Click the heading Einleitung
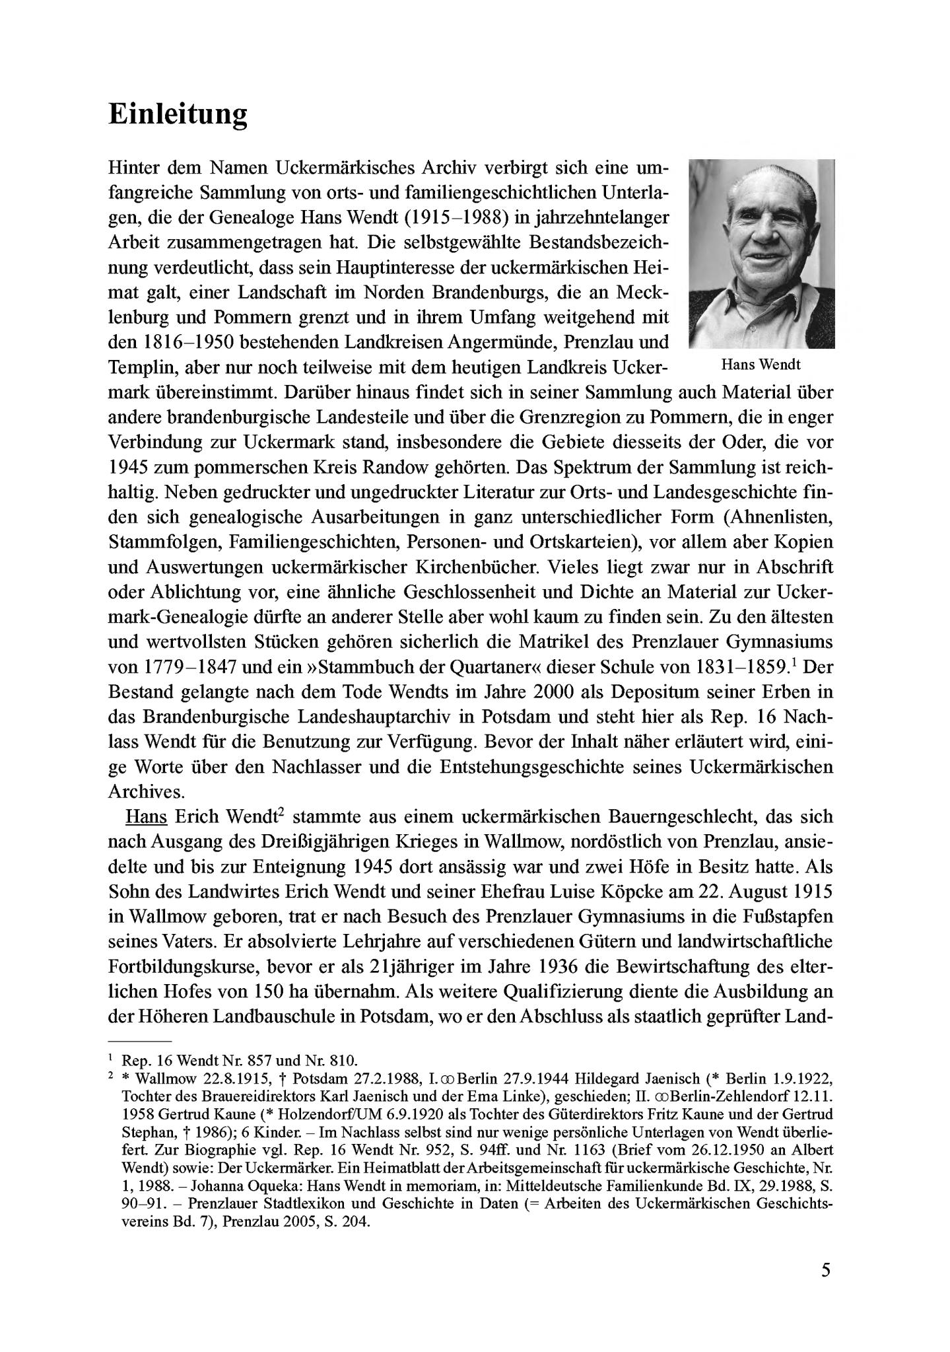(178, 114)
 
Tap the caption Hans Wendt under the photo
(761, 364)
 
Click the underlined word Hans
(146, 816)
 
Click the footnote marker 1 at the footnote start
(111, 1059)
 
